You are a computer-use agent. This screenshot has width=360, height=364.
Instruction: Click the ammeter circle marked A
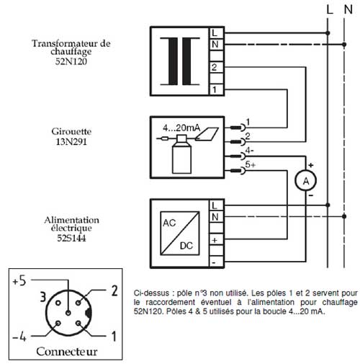point(305,181)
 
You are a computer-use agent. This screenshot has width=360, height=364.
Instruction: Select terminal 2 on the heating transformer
point(217,67)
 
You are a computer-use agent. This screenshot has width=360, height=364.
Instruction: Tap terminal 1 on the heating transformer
point(217,90)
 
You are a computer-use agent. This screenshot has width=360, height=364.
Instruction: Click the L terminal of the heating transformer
point(217,32)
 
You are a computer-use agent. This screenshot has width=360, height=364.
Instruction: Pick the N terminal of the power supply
point(217,217)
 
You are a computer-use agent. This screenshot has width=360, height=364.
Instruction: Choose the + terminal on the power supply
point(217,240)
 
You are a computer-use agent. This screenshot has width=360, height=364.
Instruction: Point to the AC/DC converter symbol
point(180,233)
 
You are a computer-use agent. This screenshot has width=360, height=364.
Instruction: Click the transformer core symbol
point(180,61)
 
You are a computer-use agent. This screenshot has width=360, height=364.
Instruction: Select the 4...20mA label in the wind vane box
point(181,128)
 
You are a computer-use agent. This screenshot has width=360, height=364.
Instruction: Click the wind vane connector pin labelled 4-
point(238,156)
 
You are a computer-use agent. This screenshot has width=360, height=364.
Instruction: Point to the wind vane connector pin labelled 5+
point(238,171)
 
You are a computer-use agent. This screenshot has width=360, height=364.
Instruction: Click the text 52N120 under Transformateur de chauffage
point(71,61)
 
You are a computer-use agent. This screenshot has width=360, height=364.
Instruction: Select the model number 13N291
point(71,142)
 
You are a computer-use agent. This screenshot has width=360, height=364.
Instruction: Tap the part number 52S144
point(71,238)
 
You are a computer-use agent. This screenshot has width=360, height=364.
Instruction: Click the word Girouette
point(71,131)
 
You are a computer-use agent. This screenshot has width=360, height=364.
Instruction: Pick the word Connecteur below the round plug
point(67,352)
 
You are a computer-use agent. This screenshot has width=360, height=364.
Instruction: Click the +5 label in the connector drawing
point(19,280)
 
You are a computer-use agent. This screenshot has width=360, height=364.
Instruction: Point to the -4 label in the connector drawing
point(19,337)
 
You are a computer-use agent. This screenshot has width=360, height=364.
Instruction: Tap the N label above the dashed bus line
point(348,9)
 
